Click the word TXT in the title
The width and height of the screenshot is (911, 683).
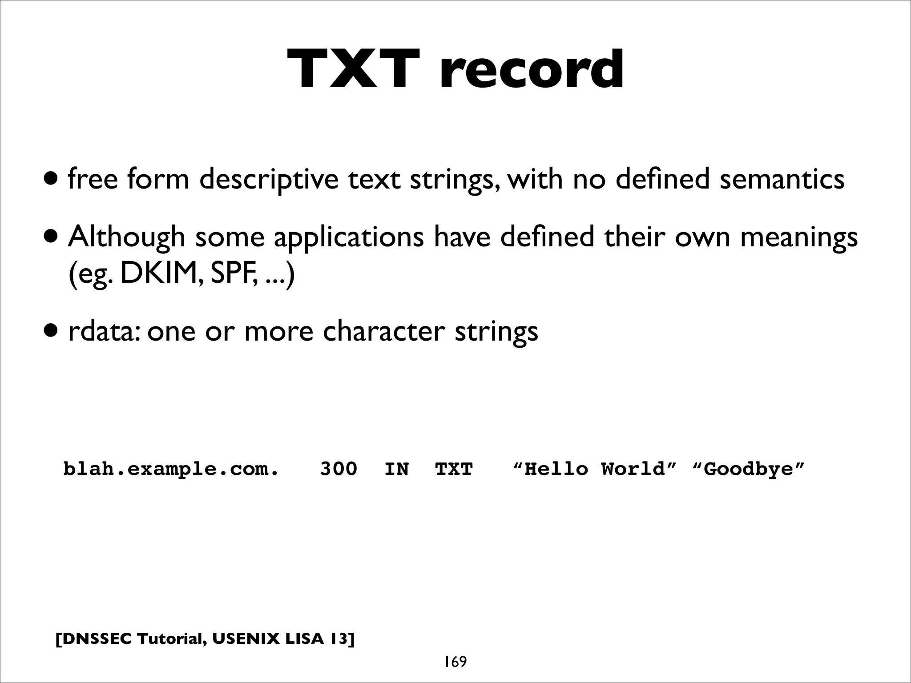[x=354, y=70]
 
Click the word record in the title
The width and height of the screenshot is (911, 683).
[x=532, y=70]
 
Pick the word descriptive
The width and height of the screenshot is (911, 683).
[x=269, y=180]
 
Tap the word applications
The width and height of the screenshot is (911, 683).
[x=348, y=237]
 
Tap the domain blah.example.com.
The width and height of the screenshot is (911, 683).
[x=171, y=469]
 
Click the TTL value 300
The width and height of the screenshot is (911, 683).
[x=339, y=469]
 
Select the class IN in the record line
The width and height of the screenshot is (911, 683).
[x=396, y=469]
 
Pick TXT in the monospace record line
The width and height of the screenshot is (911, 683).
[x=454, y=469]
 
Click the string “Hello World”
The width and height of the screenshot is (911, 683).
[x=595, y=469]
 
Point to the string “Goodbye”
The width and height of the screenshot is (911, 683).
[x=749, y=469]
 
